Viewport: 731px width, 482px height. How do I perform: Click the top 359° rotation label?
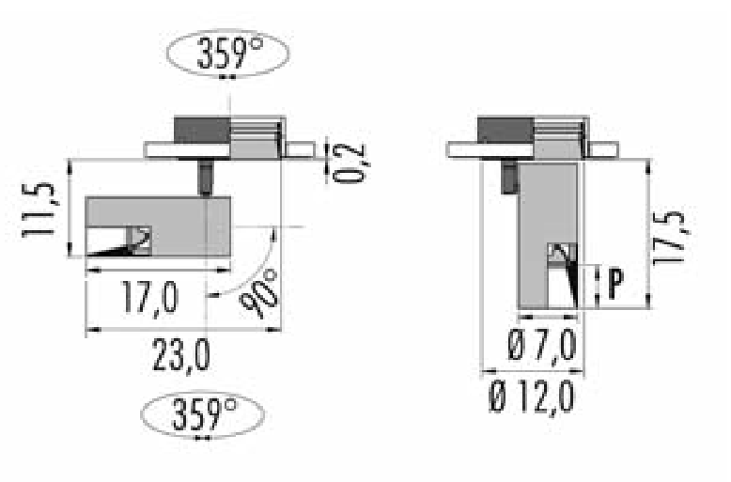click(230, 54)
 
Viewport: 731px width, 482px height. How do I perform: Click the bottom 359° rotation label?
click(205, 414)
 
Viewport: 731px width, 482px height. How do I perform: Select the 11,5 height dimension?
click(39, 210)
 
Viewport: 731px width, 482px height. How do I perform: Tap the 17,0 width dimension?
click(150, 297)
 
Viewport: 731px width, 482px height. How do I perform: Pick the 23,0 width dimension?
click(181, 356)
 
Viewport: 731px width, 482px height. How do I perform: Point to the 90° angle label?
click(259, 294)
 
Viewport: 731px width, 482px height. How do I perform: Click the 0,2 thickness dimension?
click(350, 163)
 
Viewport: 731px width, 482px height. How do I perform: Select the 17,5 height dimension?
click(670, 239)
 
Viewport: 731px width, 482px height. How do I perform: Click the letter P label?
click(615, 284)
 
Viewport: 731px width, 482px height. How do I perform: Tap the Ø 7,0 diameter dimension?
click(542, 346)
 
